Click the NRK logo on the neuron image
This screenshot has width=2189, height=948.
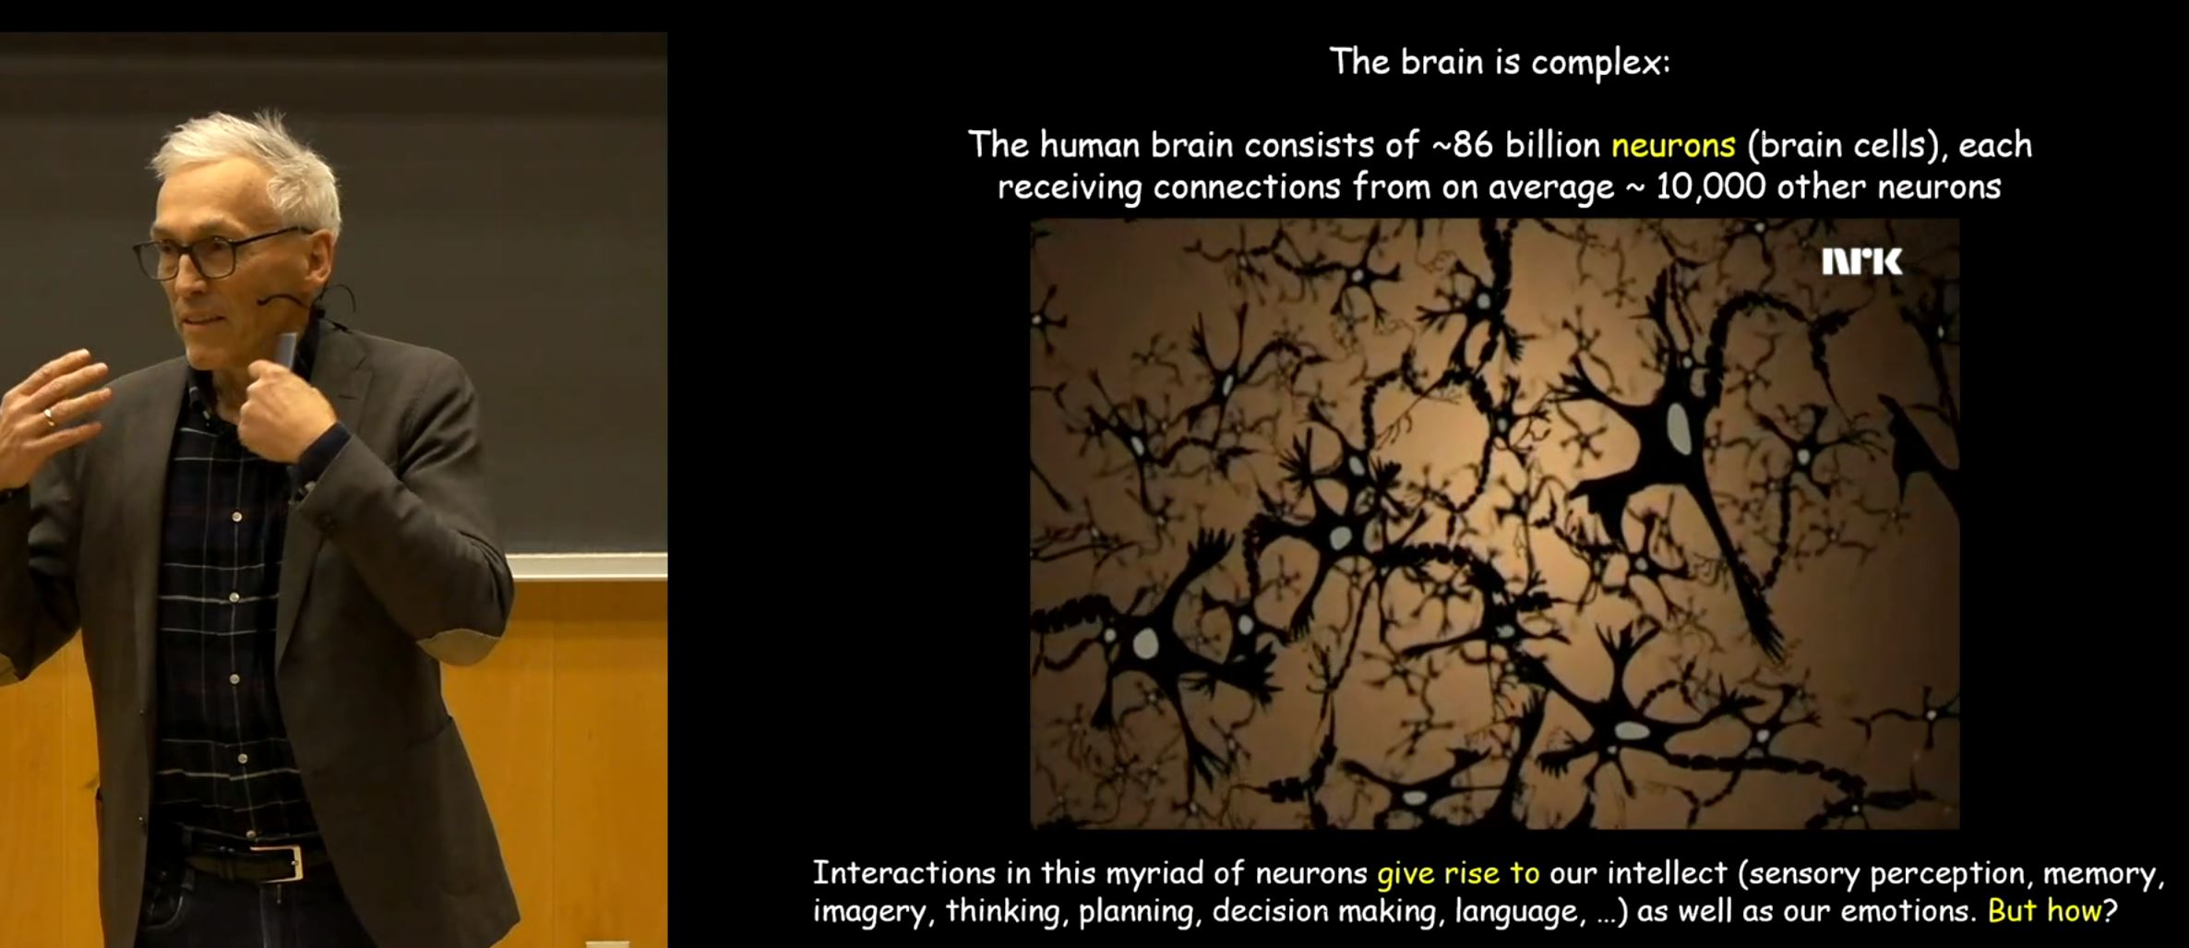point(1861,262)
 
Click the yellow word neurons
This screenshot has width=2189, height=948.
point(1673,145)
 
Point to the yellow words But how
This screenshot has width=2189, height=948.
point(2044,911)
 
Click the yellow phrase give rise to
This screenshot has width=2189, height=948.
point(1458,873)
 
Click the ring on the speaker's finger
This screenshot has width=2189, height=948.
point(49,417)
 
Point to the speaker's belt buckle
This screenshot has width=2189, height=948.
point(280,862)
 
